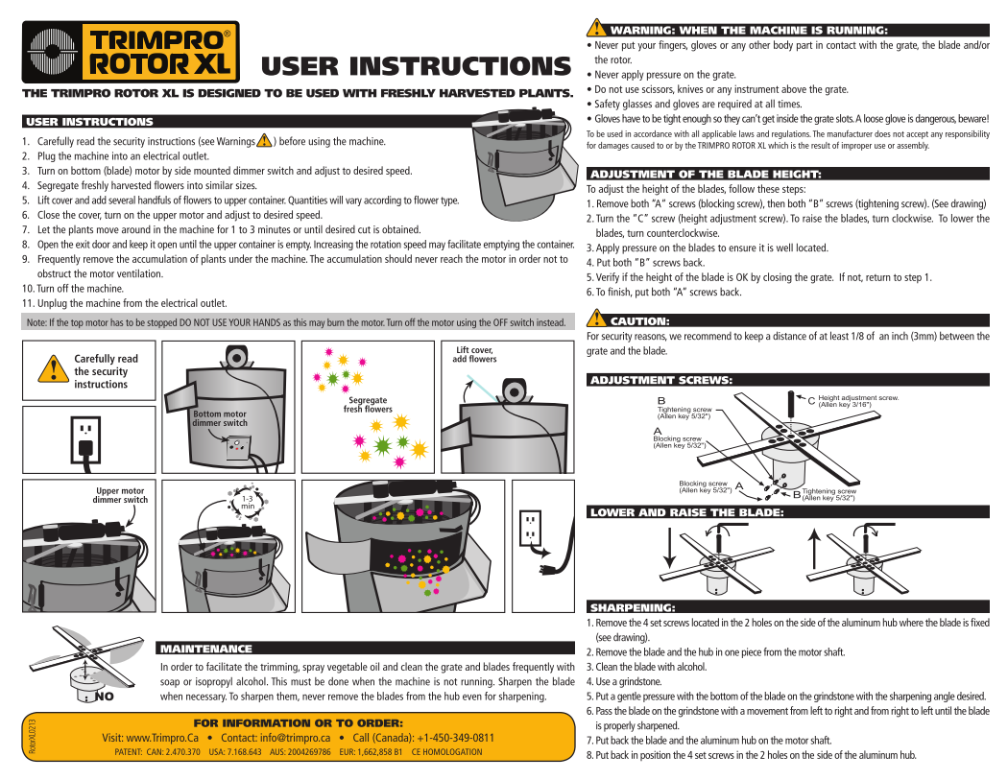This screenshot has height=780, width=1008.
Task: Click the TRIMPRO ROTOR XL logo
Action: click(x=131, y=52)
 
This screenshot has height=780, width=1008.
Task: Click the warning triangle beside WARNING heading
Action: click(x=595, y=29)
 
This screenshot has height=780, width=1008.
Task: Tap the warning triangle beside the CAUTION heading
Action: click(x=595, y=319)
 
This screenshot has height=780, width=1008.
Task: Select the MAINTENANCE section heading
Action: click(x=205, y=650)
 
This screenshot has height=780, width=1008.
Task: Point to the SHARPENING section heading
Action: click(x=632, y=607)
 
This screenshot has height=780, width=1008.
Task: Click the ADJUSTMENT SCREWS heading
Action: click(x=660, y=380)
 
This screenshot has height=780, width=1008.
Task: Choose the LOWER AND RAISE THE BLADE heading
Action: click(x=686, y=512)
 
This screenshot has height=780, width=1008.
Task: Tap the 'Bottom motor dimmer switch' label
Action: click(x=220, y=418)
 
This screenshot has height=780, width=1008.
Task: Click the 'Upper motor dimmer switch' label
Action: click(x=120, y=495)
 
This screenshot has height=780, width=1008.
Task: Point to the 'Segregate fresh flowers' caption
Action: click(x=368, y=405)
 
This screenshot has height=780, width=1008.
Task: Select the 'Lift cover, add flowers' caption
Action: click(x=475, y=354)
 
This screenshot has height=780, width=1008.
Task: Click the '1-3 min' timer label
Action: click(x=248, y=501)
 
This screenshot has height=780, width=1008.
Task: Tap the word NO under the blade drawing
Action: click(x=105, y=697)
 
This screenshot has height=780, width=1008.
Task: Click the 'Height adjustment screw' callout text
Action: click(x=857, y=400)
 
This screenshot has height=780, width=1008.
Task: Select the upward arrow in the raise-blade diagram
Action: click(x=814, y=552)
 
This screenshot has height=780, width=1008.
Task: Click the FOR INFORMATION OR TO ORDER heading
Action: click(x=298, y=721)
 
